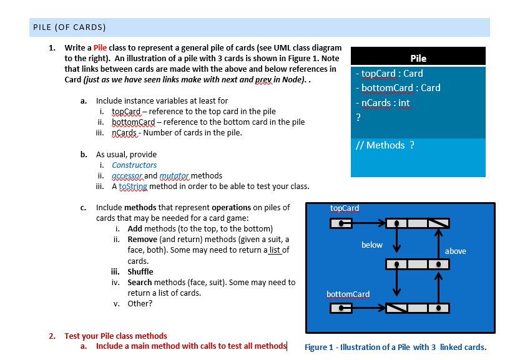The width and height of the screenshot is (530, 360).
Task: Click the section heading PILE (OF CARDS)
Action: (x=69, y=27)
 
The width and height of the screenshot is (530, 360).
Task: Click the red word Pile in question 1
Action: (x=101, y=48)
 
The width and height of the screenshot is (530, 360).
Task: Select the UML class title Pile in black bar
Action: (x=418, y=58)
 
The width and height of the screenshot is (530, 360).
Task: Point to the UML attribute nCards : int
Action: (x=382, y=103)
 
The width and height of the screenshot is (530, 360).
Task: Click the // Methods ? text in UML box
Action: (x=385, y=145)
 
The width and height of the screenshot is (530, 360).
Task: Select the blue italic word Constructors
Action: (x=134, y=165)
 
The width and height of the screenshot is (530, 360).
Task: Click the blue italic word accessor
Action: (x=127, y=176)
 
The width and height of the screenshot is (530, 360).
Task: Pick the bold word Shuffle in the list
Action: (x=140, y=272)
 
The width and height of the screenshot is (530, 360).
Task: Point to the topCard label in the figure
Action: (x=345, y=208)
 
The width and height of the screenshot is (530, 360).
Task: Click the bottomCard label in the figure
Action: (x=348, y=294)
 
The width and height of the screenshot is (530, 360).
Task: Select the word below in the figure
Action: (x=372, y=245)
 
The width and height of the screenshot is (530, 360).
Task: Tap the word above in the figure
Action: (x=455, y=251)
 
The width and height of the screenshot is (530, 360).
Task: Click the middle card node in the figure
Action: (x=417, y=265)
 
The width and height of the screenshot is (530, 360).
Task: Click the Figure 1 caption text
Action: (x=395, y=348)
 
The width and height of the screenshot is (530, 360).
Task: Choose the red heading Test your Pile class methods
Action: (x=115, y=336)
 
